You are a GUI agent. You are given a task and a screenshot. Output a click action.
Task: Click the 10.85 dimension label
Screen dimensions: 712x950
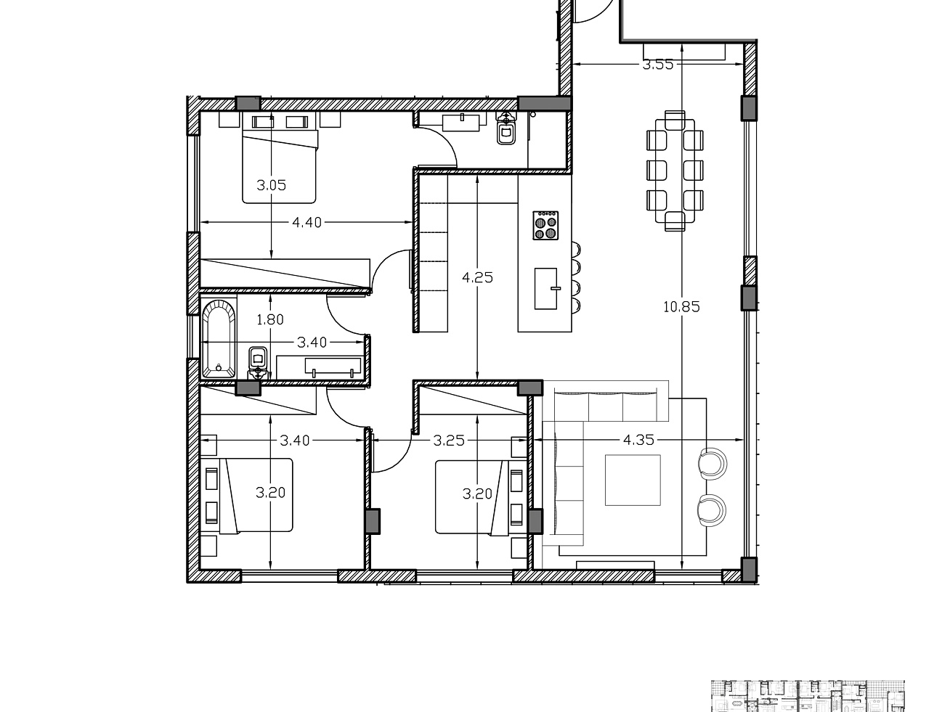pos(681,307)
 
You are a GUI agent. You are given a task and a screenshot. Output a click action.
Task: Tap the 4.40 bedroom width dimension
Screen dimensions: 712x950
pos(306,223)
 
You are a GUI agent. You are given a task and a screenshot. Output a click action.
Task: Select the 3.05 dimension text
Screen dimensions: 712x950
pos(271,185)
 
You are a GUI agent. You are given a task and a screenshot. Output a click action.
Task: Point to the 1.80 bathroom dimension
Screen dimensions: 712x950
pos(270,319)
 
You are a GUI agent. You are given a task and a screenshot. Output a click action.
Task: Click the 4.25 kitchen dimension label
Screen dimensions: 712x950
pos(477,277)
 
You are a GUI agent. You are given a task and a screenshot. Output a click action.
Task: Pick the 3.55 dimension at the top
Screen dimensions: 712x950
pos(658,65)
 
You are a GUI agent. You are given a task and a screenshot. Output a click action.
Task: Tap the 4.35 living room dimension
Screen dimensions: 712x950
pos(639,440)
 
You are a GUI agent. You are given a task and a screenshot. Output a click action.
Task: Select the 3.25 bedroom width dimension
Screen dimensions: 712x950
pos(449,440)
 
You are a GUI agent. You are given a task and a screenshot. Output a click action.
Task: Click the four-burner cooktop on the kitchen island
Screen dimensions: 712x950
pos(545,225)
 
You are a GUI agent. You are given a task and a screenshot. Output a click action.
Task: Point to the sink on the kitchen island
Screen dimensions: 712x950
pos(546,288)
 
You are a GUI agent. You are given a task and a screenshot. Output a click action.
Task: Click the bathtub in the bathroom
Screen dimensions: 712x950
pos(219,340)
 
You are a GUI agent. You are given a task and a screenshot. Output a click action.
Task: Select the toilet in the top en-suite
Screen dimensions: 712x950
pos(506,133)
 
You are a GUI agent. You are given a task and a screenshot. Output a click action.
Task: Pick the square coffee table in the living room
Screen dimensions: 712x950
pos(633,480)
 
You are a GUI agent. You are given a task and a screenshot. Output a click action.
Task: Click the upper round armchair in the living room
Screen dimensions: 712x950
pos(712,463)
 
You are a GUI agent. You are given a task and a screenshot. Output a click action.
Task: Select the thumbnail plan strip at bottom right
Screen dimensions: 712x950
pos(807,695)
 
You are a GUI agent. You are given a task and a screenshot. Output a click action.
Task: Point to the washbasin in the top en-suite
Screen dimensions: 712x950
pos(463,120)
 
